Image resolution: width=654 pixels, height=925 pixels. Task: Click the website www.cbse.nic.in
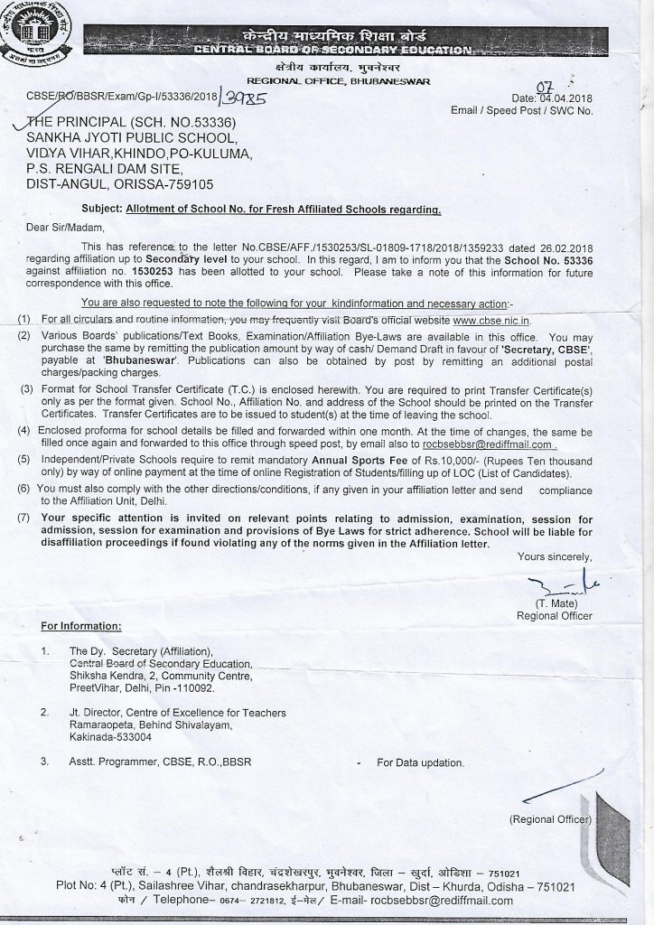[x=504, y=320]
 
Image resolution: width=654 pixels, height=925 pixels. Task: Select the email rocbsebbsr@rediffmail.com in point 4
[x=490, y=444]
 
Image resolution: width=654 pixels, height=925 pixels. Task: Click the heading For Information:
[x=80, y=625]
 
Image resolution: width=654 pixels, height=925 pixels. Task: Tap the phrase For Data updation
[x=420, y=762]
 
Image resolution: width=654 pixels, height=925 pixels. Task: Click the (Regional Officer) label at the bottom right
[x=550, y=820]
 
